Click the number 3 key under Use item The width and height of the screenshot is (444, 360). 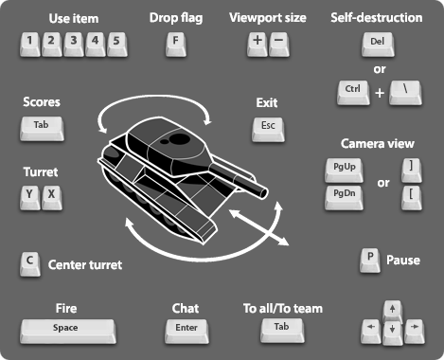click(x=73, y=42)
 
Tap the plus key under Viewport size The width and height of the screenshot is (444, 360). click(x=258, y=42)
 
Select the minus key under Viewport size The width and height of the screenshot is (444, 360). click(x=278, y=42)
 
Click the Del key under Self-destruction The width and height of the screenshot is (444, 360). click(x=377, y=43)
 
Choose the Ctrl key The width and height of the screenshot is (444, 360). click(x=353, y=93)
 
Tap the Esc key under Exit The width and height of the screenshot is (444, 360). click(x=266, y=125)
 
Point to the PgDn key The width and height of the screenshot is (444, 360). click(x=338, y=195)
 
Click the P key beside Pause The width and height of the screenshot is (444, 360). click(x=369, y=259)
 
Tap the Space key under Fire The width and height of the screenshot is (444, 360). click(x=66, y=329)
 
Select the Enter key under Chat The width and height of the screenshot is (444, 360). click(x=185, y=329)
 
